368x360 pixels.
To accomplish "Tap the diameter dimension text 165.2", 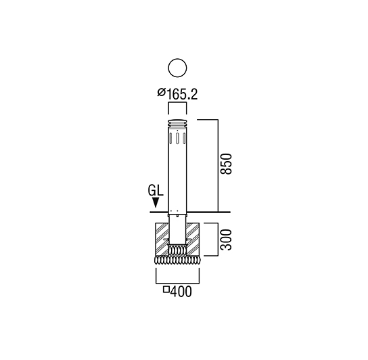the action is point(182,94).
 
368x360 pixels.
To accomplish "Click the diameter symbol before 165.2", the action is point(162,92).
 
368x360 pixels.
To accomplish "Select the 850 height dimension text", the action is point(227,164).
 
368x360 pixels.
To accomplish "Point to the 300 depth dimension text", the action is point(227,240).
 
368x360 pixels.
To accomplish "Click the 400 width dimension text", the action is point(181,292).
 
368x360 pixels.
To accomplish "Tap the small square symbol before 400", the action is point(166,290).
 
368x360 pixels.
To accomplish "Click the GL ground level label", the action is point(156,190).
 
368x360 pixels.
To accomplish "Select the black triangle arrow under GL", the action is point(156,202).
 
